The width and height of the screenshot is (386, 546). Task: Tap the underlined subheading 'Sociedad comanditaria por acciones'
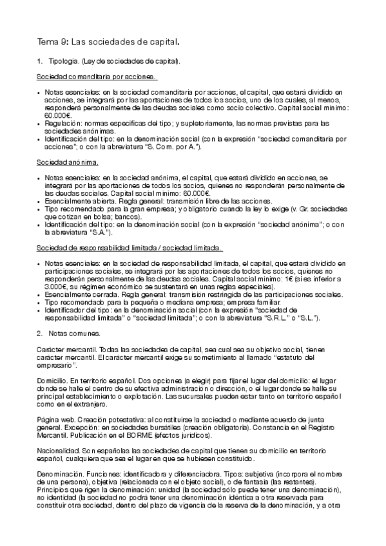tap(97, 78)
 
